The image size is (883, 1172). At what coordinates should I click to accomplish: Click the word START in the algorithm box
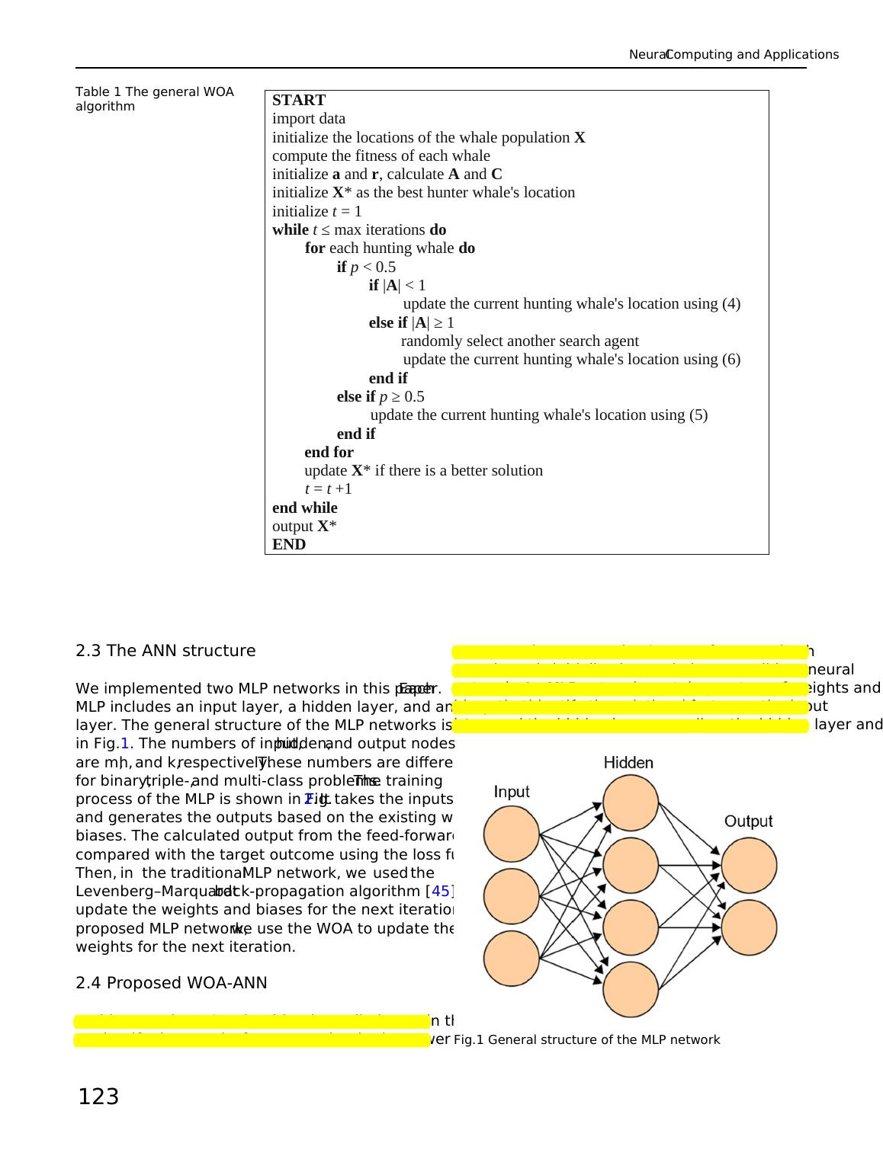pos(299,100)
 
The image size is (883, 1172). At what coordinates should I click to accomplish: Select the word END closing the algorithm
pos(289,544)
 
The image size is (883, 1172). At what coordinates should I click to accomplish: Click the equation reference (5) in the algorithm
pos(698,415)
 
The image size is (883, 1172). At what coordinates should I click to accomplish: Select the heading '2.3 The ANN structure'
pos(165,651)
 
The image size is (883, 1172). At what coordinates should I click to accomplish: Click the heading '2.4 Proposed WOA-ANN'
pos(172,983)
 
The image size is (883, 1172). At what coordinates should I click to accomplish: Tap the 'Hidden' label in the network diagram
pos(628,762)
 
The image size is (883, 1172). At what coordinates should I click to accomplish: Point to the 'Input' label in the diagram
pos(512,792)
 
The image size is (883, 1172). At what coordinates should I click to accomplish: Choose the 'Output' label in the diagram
pos(748,821)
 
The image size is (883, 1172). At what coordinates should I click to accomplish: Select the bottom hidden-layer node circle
pos(631,989)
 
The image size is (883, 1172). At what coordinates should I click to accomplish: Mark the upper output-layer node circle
pos(749,866)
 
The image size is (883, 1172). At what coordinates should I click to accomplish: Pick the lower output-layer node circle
pos(749,927)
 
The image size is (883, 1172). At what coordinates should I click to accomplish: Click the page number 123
pos(98,1097)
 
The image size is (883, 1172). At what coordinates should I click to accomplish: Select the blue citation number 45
pos(441,891)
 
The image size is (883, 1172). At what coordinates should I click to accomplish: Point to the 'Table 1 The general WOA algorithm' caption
pos(154,99)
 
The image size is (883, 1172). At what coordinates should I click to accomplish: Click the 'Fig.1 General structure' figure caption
pos(586,1039)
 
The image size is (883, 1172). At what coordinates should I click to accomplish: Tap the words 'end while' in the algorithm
pos(304,508)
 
